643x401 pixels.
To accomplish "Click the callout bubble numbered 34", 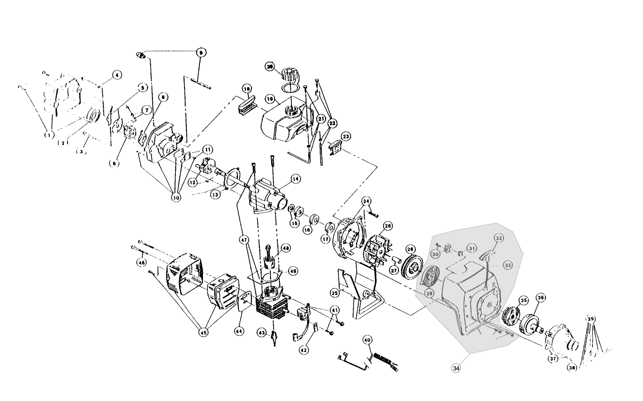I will point(456,367).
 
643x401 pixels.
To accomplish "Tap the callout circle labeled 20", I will point(270,67).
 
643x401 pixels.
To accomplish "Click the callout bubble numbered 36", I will point(541,298).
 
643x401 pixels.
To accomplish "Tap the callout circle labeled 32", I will point(498,238).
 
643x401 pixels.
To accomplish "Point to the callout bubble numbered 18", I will point(247,88).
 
